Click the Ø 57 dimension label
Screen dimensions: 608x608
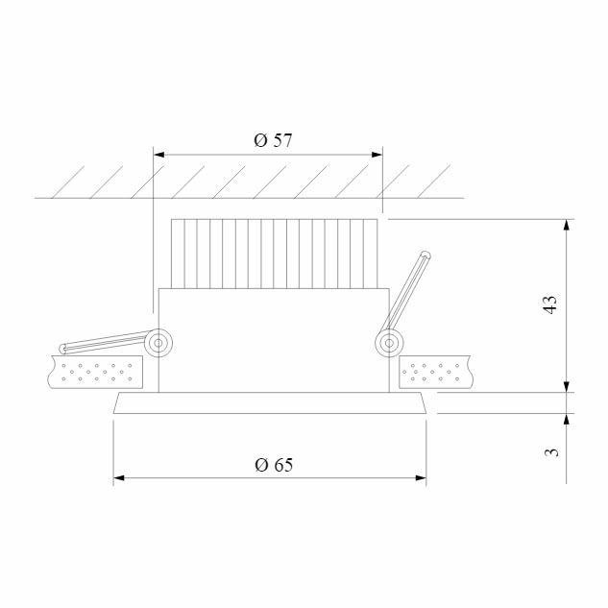click(x=273, y=140)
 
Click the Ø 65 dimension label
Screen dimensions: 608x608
click(x=274, y=465)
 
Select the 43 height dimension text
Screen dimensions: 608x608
click(x=549, y=305)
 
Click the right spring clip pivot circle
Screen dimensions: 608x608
click(x=389, y=343)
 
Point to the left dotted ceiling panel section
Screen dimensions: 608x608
click(x=95, y=372)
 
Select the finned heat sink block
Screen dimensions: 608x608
click(x=274, y=254)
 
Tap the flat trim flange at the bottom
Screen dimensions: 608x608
click(x=270, y=404)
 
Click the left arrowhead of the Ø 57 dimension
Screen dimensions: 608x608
click(x=160, y=154)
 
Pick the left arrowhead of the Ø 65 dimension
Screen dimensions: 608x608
click(x=119, y=476)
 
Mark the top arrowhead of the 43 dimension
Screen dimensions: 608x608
click(x=568, y=225)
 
